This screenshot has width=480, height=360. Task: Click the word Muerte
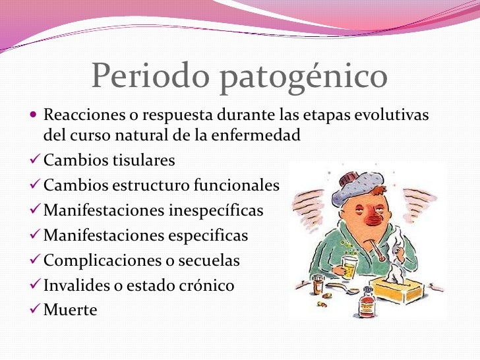(x=70, y=310)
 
